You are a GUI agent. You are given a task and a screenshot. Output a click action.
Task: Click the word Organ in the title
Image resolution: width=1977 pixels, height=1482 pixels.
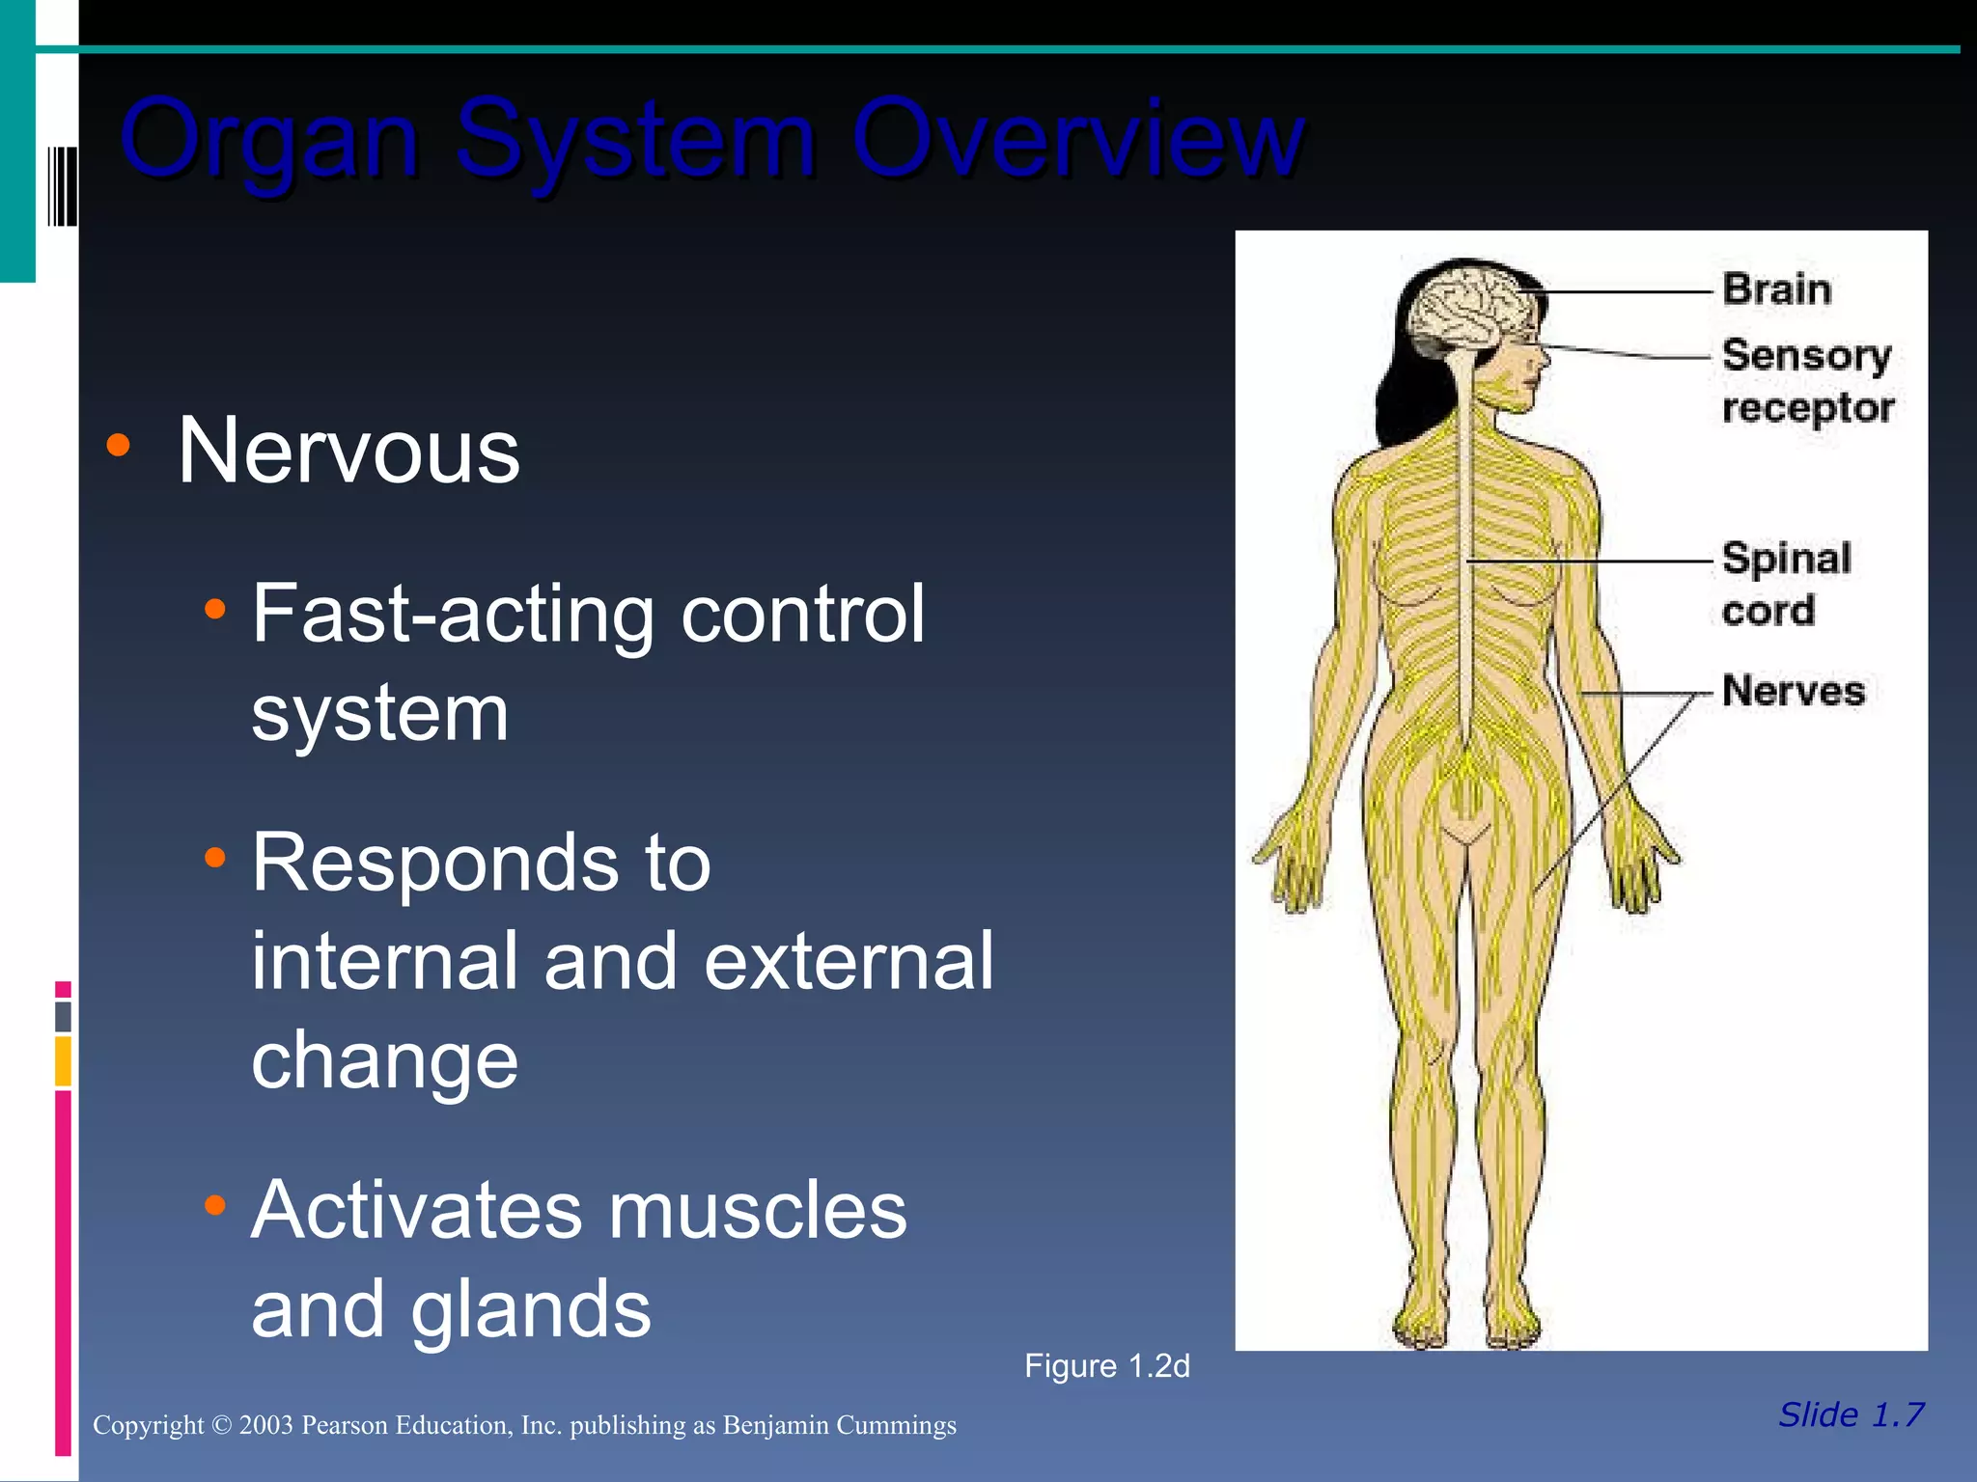point(270,140)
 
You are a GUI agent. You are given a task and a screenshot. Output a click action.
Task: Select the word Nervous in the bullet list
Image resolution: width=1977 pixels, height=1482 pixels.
point(348,451)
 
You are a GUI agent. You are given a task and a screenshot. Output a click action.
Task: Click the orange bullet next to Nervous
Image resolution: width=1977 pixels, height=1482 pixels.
point(119,445)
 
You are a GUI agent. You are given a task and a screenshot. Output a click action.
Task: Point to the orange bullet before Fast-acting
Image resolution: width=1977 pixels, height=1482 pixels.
point(215,609)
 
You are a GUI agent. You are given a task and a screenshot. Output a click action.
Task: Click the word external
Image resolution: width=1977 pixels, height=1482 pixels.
point(849,961)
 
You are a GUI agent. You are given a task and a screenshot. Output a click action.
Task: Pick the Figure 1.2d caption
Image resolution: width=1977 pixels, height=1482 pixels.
point(1106,1366)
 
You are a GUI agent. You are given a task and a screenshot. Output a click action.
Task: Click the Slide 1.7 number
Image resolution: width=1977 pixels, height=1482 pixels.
point(1851,1414)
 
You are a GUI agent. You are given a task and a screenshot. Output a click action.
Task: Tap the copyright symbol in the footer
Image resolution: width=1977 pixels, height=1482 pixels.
point(221,1426)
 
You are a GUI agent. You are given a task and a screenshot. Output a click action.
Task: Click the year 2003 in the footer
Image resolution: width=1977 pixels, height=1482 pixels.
point(265,1426)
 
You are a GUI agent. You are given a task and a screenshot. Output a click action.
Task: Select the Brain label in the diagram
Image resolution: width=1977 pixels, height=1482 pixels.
point(1776,289)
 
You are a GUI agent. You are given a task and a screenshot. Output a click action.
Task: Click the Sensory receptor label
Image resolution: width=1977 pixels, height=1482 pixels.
point(1806,381)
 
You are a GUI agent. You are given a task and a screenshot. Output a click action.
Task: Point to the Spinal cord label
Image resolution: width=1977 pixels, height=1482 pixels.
point(1786,584)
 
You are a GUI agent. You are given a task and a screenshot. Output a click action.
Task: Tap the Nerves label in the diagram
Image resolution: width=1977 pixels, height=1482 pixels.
point(1793,691)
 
